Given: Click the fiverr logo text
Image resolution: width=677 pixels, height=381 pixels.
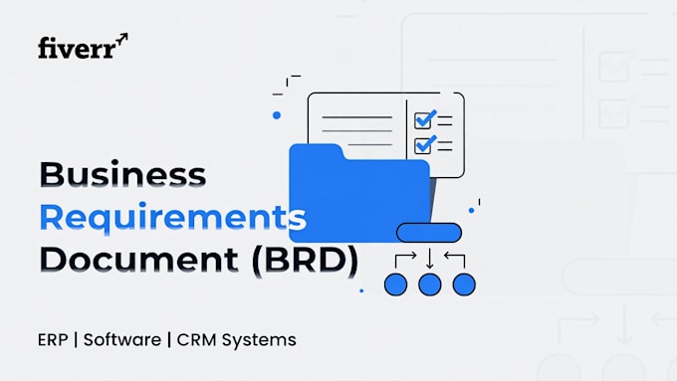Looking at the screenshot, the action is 78,48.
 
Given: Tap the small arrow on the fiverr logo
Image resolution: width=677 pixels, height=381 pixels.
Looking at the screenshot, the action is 122,38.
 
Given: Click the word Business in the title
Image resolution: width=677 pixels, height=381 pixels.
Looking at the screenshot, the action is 123,174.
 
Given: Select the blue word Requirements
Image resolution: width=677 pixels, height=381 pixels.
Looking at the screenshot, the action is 172,218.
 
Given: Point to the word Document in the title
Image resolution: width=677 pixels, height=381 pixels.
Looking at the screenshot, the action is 138,260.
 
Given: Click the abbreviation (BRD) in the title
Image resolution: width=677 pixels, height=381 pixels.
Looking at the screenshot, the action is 305,261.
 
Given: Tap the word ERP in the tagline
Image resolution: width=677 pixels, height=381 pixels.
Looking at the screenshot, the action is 53,340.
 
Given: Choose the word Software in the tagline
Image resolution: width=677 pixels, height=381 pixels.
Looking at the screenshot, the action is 122,339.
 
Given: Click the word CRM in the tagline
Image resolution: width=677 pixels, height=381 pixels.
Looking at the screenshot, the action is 196,340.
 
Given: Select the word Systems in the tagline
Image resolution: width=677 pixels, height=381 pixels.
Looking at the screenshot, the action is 259,340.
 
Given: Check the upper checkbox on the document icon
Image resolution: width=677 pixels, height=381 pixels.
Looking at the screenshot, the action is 423,120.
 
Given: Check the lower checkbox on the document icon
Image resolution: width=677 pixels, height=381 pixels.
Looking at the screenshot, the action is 423,145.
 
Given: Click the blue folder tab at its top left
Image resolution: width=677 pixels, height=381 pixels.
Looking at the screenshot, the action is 317,151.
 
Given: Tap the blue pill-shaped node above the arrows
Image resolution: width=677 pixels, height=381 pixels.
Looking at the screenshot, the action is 429,233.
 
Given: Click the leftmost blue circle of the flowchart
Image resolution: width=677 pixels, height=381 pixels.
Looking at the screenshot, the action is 395,285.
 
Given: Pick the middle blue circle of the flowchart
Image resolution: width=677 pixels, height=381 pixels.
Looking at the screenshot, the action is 430,285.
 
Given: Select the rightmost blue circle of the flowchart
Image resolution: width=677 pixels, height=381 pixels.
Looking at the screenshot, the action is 464,285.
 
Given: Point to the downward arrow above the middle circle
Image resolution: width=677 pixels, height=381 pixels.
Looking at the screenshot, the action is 430,259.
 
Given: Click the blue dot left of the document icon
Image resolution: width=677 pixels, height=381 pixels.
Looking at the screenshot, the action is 277,115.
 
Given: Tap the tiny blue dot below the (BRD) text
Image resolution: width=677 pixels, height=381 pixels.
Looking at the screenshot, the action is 361,290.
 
